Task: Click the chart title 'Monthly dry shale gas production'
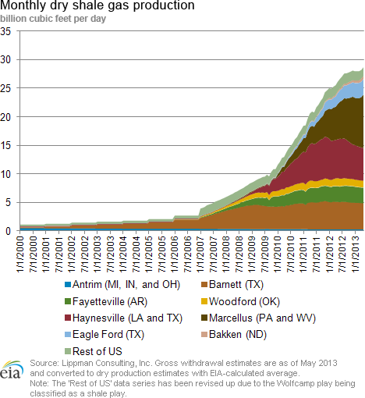97,5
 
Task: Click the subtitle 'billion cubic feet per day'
53,19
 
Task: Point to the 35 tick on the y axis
5,31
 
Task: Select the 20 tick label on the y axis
5,117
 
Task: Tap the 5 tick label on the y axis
8,203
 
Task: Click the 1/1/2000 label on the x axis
20,254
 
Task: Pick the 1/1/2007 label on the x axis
200,254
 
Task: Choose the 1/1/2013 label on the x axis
355,254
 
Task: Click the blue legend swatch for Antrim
68,285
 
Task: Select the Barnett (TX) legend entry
232,285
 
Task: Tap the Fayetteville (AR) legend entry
106,302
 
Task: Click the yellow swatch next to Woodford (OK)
204,302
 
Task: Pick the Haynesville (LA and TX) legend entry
123,318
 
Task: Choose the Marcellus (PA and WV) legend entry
259,318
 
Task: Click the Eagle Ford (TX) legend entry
105,335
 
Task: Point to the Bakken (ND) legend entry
234,335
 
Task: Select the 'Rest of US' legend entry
94,351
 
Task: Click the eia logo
12,370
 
